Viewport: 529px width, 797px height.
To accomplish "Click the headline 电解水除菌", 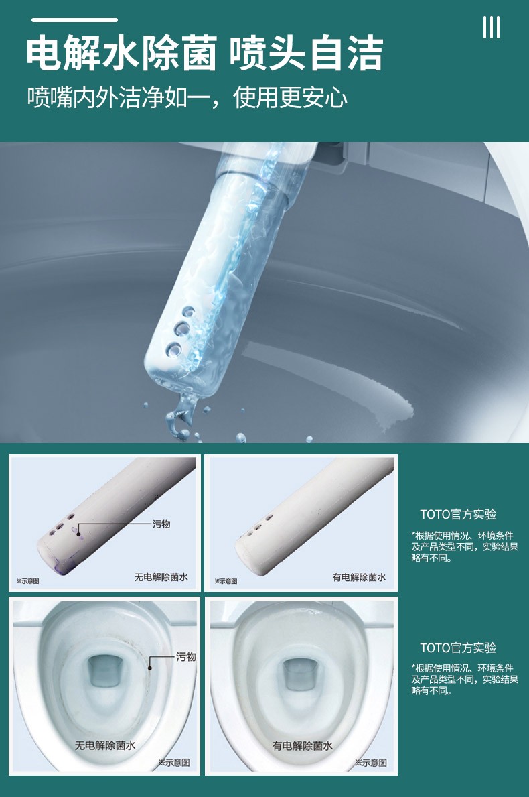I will pyautogui.click(x=121, y=54).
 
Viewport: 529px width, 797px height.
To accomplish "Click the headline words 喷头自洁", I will pyautogui.click(x=306, y=54).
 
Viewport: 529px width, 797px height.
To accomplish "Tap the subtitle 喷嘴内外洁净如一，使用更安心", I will pyautogui.click(x=187, y=98).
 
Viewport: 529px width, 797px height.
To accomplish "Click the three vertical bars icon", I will pyautogui.click(x=491, y=27).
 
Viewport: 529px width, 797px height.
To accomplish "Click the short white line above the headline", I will pyautogui.click(x=73, y=21).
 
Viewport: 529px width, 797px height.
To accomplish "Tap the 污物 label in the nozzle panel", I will pyautogui.click(x=161, y=524).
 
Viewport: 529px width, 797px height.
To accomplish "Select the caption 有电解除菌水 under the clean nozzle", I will pyautogui.click(x=359, y=576).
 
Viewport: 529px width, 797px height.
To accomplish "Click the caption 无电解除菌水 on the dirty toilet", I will pyautogui.click(x=105, y=745).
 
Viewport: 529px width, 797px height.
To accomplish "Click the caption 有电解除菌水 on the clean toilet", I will pyautogui.click(x=303, y=745).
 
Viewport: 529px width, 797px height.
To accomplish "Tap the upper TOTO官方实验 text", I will pyautogui.click(x=458, y=515).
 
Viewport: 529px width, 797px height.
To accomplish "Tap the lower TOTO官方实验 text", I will pyautogui.click(x=458, y=648).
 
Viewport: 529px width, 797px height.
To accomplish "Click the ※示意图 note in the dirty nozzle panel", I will pyautogui.click(x=27, y=581).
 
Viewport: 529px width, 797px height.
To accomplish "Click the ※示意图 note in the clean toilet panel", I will pyautogui.click(x=371, y=762).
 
